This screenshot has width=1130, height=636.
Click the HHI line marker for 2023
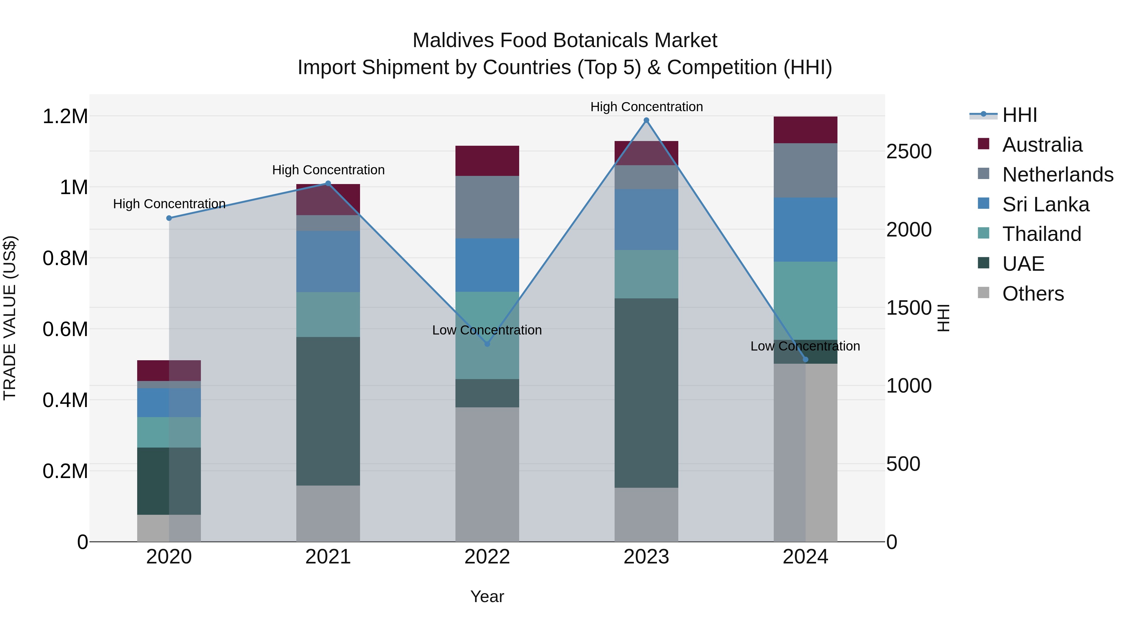[646, 120]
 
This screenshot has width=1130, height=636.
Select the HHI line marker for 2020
[169, 218]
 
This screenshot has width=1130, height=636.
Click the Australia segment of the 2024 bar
[805, 130]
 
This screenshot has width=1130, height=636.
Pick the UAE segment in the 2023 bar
[646, 393]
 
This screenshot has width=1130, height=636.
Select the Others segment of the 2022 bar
[487, 474]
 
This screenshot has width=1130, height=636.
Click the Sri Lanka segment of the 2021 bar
[328, 262]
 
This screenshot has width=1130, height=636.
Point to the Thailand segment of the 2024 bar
[805, 301]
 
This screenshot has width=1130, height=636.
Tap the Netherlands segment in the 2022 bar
[487, 207]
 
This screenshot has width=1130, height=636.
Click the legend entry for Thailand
[1041, 234]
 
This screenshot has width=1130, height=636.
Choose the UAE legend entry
[1023, 264]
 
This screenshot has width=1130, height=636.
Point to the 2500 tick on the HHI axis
[908, 151]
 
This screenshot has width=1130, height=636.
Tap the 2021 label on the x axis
[328, 557]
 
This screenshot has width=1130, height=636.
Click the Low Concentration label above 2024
[805, 346]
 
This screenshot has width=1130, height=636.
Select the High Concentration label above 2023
[646, 107]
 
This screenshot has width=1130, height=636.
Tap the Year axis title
[487, 596]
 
